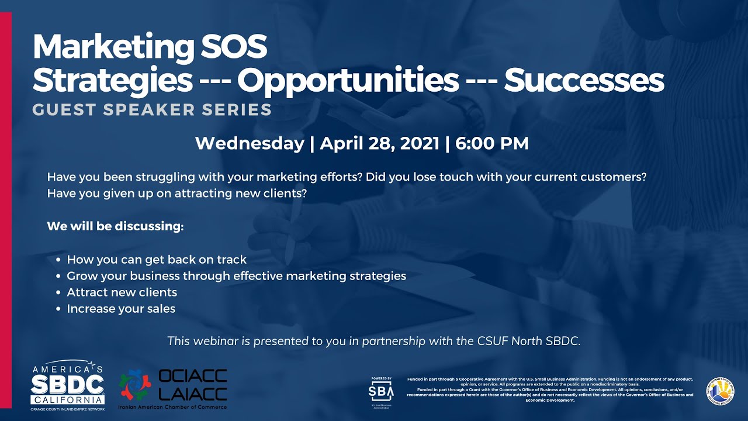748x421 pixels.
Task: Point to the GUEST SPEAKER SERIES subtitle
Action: [x=152, y=109]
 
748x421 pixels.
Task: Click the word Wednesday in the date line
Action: [x=250, y=143]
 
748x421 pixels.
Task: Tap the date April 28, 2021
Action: [x=379, y=143]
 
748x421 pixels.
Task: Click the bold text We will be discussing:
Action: [x=115, y=226]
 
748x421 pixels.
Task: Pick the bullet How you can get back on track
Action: [x=157, y=260]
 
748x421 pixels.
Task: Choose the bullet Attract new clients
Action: [x=122, y=292]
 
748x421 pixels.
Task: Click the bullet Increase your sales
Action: [x=121, y=309]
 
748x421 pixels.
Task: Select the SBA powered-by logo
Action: [x=381, y=389]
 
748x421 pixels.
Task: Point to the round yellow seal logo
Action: [x=720, y=389]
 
